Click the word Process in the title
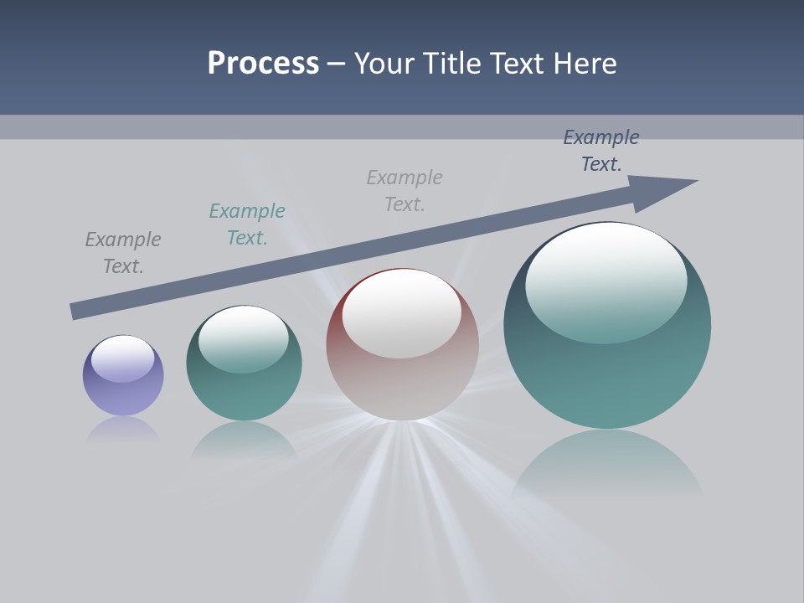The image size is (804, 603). tap(263, 64)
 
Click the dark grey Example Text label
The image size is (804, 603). tap(123, 253)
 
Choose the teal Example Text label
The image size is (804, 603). tap(247, 224)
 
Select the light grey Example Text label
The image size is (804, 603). tap(405, 191)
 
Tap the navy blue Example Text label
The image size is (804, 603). tap(601, 151)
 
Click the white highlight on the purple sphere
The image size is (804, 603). tap(123, 358)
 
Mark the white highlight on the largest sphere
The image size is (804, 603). tap(606, 281)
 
